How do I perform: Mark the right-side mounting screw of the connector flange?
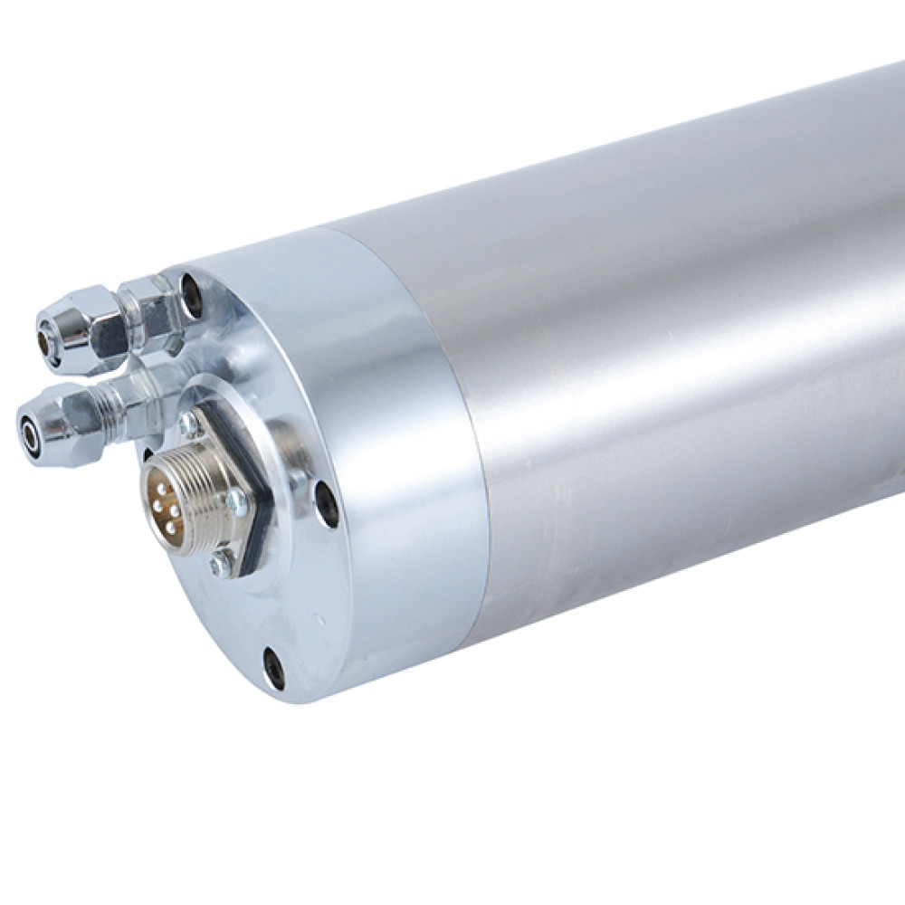point(236,501)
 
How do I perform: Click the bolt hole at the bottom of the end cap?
point(274,669)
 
